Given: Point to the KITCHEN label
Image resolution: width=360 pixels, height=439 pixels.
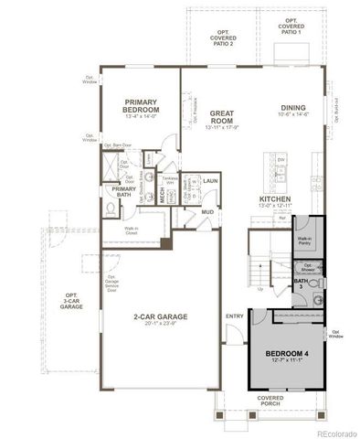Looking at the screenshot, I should pos(274,198).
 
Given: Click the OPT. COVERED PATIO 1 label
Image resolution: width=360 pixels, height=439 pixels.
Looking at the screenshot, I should pos(291,25).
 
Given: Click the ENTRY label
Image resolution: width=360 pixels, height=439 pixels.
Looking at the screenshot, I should pos(235,316).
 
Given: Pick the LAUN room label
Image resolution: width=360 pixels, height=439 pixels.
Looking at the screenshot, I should pos(210,182).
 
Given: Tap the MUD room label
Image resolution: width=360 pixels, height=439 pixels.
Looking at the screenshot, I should pos(207,213).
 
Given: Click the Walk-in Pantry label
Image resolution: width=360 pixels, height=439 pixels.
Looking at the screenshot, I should pos(304,240).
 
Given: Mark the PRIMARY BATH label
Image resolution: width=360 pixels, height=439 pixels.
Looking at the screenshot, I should pos(124,191).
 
